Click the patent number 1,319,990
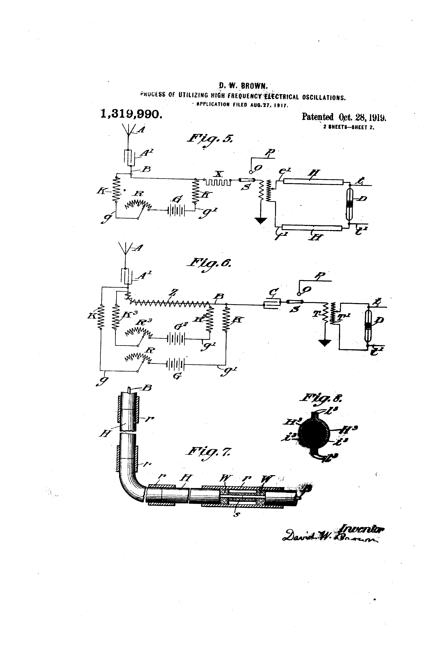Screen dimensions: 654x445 pyautogui.click(x=131, y=114)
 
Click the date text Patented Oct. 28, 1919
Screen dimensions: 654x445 pyautogui.click(x=344, y=117)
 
